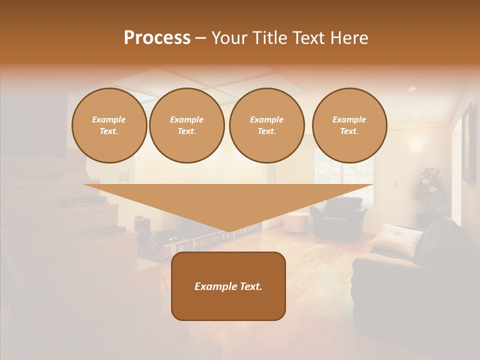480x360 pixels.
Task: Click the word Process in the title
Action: [x=157, y=38]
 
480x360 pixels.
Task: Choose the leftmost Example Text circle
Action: [x=109, y=125]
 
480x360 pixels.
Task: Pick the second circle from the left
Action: [x=187, y=125]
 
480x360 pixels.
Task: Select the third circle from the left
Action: [x=267, y=125]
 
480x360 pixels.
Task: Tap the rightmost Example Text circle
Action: [x=349, y=125]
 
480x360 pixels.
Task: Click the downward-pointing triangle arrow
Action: [x=228, y=202]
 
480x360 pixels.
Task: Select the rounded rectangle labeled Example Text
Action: [x=228, y=305]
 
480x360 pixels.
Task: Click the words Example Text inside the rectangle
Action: [x=228, y=286]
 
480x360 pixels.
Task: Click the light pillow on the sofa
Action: [x=395, y=239]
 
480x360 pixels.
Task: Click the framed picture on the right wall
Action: [x=469, y=142]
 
